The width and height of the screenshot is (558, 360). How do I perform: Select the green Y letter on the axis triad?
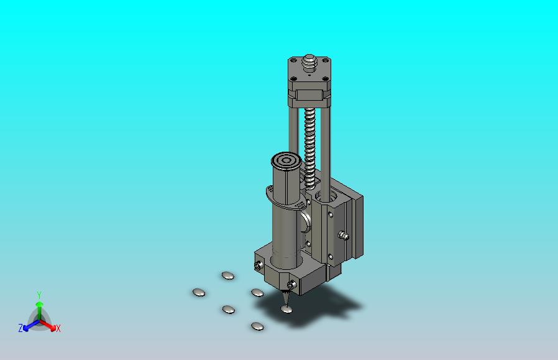click(39, 295)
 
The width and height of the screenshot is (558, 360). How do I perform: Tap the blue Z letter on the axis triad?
click(21, 328)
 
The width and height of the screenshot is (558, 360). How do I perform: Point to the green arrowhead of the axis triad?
click(40, 304)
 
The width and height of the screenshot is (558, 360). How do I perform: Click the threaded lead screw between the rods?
click(309, 148)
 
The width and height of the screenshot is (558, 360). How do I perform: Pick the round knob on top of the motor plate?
click(309, 63)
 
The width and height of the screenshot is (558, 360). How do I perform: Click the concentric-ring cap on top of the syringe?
click(286, 161)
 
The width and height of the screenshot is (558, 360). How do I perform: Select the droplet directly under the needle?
click(286, 309)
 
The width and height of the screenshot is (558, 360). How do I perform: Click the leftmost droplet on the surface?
click(199, 293)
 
